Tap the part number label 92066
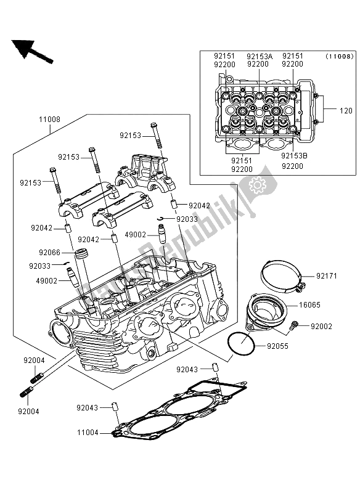tap(49, 252)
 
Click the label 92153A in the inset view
tap(259, 55)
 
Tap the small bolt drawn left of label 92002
tap(297, 324)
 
